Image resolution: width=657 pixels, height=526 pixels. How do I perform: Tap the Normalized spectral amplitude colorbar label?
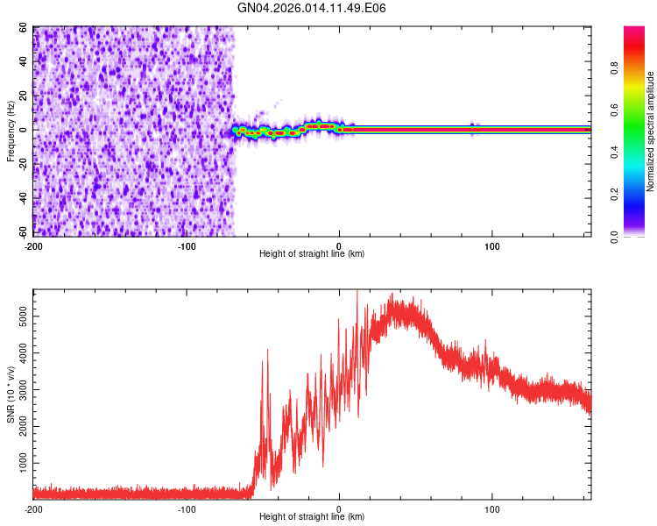651,131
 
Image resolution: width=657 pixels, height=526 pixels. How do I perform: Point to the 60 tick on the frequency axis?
24,28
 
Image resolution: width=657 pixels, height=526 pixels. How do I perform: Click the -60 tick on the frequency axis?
22,233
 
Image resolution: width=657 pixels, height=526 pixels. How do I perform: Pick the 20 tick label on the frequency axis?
24,96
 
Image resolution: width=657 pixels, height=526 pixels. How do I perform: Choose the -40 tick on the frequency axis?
22,199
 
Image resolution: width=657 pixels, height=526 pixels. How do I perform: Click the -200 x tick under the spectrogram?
33,245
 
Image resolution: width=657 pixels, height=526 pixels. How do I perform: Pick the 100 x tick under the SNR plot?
492,508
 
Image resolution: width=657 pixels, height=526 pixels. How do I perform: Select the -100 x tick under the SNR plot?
187,508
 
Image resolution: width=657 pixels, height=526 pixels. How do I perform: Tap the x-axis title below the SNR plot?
312,518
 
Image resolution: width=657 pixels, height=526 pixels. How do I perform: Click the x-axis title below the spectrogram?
312,254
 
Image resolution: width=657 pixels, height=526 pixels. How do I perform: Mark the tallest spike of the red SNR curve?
357,292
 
